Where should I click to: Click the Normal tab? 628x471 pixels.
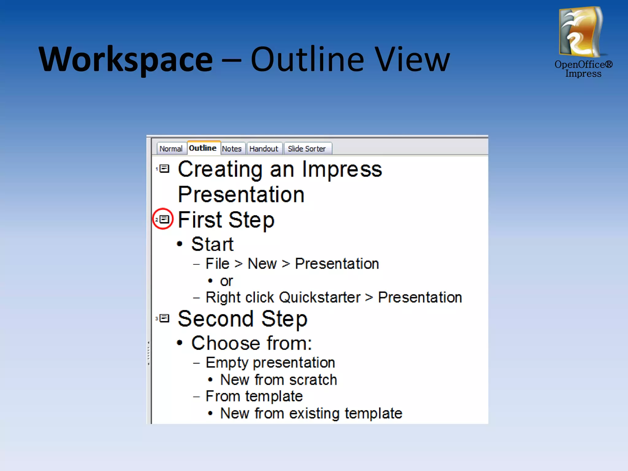(x=171, y=149)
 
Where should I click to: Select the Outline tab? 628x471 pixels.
(x=203, y=148)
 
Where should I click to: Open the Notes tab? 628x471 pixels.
(x=232, y=149)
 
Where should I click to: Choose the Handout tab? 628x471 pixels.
(x=264, y=149)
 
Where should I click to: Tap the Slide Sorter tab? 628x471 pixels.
(x=307, y=149)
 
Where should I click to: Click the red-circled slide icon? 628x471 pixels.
(x=164, y=219)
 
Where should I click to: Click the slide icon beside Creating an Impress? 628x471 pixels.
(x=165, y=169)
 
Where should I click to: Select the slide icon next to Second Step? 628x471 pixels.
(x=165, y=318)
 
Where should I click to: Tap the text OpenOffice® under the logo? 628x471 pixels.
(x=583, y=64)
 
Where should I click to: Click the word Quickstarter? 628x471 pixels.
(x=320, y=297)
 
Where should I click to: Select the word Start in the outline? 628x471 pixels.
(x=212, y=244)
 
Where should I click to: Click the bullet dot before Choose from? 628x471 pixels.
(x=180, y=343)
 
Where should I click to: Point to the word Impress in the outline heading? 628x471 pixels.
(x=342, y=169)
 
